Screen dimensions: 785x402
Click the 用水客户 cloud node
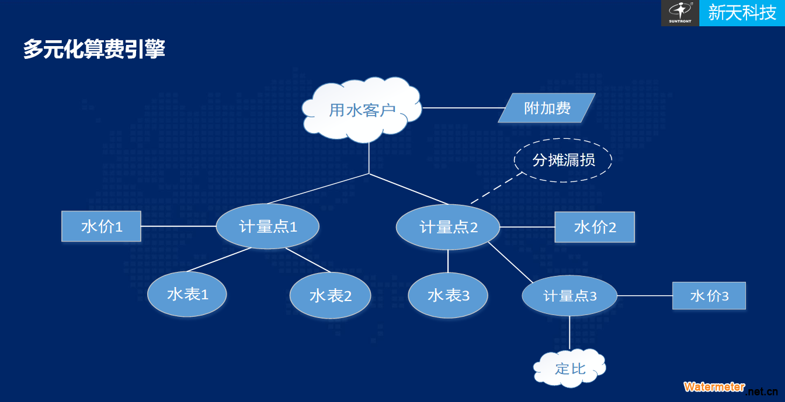(362, 110)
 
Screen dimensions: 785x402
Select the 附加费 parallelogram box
(547, 108)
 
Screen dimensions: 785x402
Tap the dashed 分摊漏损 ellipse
(563, 160)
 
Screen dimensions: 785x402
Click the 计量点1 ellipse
(268, 226)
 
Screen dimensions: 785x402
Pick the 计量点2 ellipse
(448, 228)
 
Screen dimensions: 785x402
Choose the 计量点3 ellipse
(569, 296)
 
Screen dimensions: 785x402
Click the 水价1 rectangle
(101, 226)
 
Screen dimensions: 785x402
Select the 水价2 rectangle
(595, 228)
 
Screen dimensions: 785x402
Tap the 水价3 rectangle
(709, 296)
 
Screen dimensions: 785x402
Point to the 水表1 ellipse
(187, 294)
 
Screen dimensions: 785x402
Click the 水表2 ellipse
(330, 296)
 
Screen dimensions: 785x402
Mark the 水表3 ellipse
(448, 296)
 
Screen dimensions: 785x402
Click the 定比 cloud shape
(569, 368)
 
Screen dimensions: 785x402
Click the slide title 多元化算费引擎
(94, 49)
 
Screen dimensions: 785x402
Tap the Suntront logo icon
(680, 13)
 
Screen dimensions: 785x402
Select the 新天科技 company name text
(742, 13)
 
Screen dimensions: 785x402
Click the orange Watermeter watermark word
(714, 387)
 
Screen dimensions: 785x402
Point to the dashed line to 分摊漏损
(496, 188)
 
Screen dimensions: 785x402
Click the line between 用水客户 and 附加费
(464, 108)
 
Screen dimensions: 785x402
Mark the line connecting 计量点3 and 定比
(569, 333)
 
